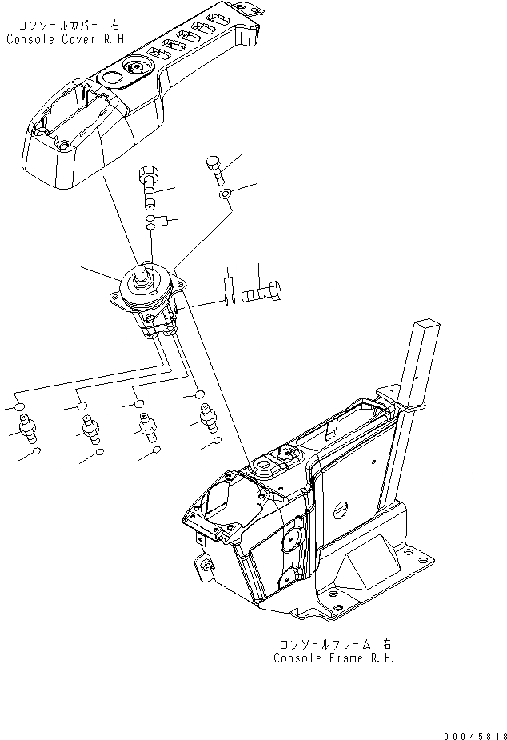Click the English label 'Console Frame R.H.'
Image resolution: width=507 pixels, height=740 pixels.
click(333, 658)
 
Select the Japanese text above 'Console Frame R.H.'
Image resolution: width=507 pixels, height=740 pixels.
click(336, 643)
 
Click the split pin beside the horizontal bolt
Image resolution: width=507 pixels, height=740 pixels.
click(227, 290)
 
